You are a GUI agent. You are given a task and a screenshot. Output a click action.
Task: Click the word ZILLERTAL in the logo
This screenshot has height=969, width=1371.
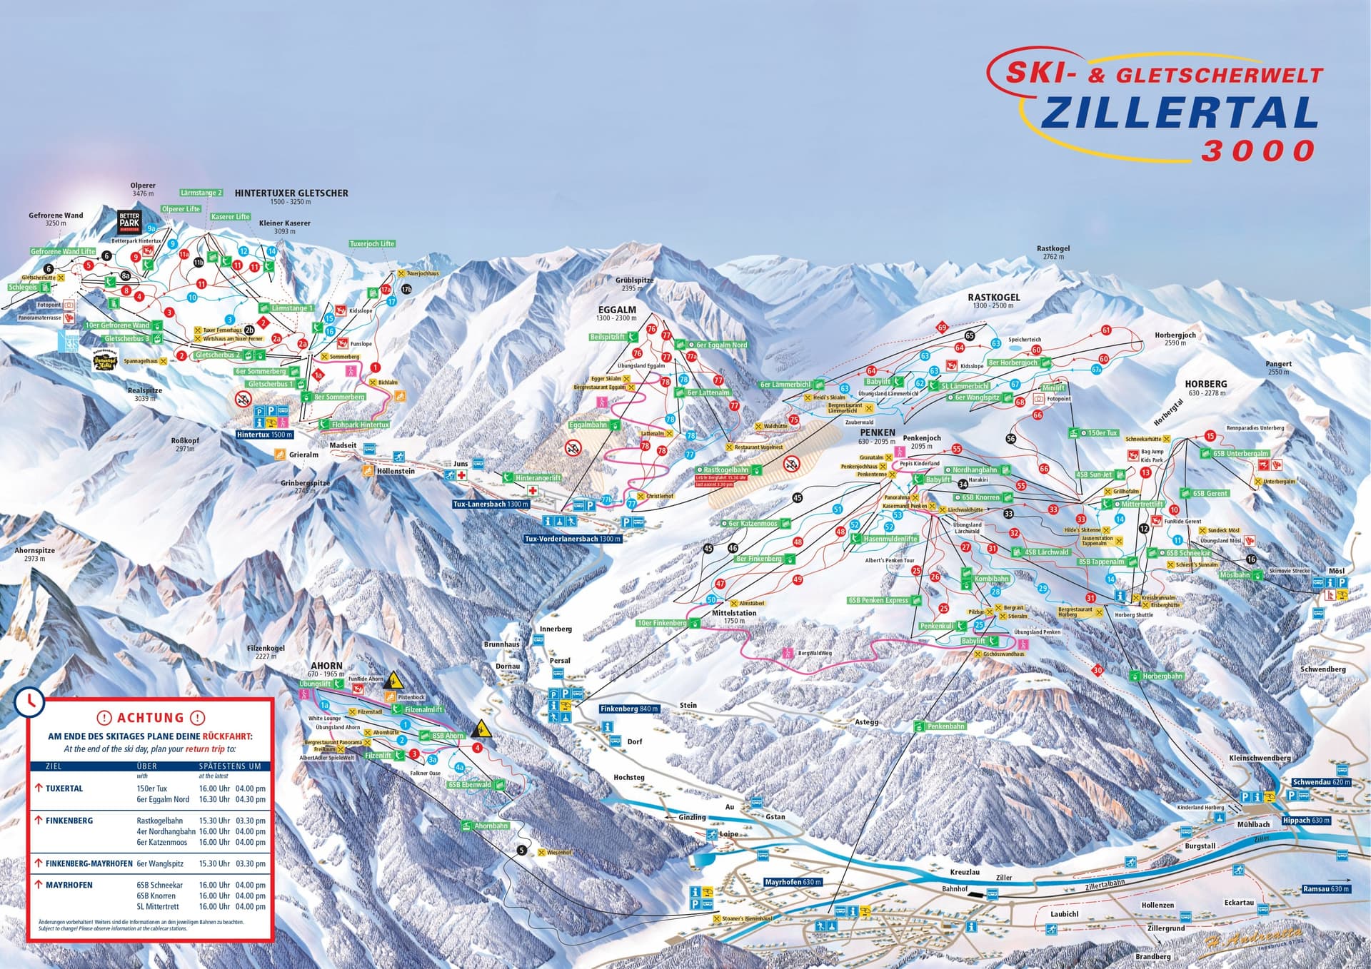[1178, 114]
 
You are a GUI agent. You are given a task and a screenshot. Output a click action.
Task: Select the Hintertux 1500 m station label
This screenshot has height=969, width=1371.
[265, 435]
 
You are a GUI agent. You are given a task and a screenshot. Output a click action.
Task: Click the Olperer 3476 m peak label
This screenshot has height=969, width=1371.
[144, 189]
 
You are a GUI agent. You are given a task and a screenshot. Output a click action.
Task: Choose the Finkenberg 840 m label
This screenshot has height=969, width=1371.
[629, 709]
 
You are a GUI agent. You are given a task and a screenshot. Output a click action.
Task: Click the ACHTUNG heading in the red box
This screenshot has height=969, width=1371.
[150, 718]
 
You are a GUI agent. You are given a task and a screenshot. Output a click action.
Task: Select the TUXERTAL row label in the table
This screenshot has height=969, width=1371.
[64, 788]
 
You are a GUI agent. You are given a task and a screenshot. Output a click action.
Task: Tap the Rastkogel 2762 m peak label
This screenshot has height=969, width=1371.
[1053, 253]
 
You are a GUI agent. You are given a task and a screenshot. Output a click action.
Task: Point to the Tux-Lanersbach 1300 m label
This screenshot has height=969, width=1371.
[491, 504]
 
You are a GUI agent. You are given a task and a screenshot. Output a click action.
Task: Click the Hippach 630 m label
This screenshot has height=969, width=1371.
[1306, 821]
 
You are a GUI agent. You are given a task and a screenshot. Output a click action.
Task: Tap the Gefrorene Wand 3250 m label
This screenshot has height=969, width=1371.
[56, 219]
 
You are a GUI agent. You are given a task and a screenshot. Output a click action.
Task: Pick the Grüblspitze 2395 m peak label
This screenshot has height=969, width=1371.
[634, 284]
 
